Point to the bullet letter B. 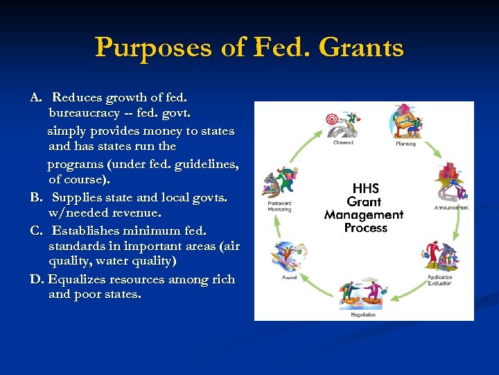36,197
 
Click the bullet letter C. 36,230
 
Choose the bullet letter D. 37,279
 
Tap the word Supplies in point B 77,197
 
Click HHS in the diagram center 365,188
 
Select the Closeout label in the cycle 343,143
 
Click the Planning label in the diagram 405,144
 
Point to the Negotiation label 363,315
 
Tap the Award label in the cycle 290,277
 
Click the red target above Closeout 332,119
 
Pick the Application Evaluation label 441,279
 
